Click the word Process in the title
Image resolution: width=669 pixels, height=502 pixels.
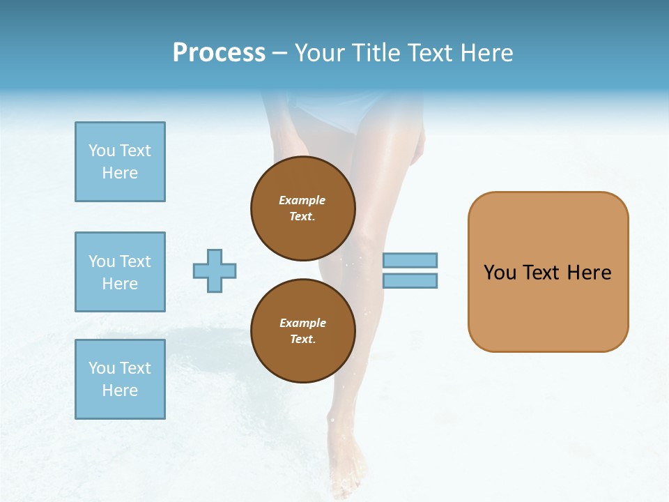[219, 53]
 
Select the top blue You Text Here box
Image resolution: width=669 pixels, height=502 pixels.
[120, 162]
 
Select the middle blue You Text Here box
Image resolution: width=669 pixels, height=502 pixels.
[120, 272]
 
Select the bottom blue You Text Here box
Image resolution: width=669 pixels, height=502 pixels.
[120, 379]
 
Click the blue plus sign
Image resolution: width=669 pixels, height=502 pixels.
[215, 271]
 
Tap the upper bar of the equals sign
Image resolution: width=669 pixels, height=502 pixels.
[410, 260]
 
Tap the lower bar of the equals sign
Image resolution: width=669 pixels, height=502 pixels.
[410, 280]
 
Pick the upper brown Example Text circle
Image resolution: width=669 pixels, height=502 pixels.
[302, 208]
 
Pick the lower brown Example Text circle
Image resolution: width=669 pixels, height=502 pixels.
[302, 330]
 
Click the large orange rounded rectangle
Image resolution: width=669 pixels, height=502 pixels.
[548, 307]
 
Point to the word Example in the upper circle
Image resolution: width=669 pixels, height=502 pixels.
[302, 200]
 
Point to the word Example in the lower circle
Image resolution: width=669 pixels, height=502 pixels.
[302, 323]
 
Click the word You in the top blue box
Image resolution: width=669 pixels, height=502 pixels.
[101, 151]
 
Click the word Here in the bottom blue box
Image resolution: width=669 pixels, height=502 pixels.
[120, 390]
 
